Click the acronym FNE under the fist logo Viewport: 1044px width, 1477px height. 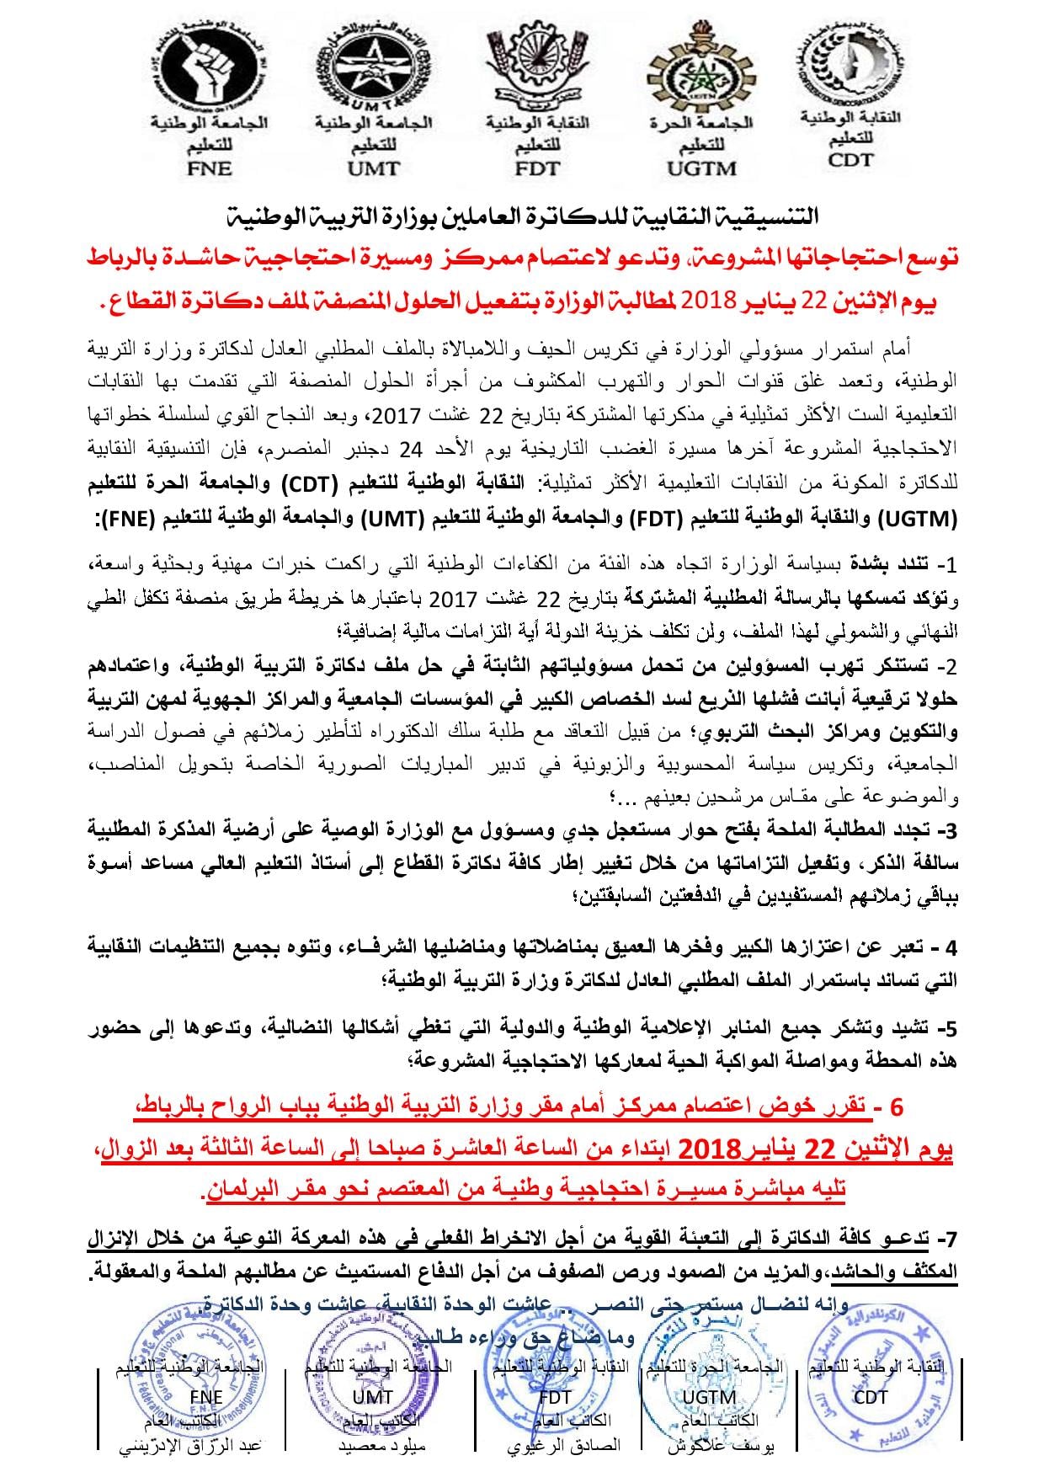209,168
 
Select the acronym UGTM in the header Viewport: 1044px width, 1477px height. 701,168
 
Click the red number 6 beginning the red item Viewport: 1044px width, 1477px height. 896,1106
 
